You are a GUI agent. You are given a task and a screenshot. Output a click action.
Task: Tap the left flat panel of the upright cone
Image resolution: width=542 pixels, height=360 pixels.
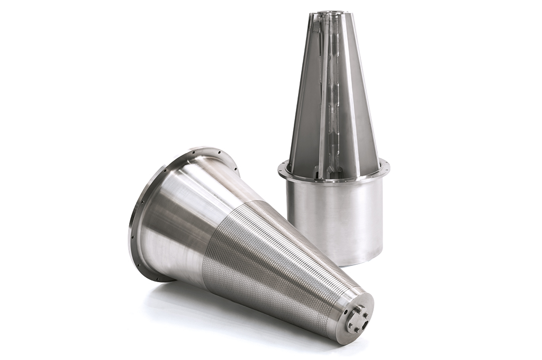(x=306, y=116)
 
